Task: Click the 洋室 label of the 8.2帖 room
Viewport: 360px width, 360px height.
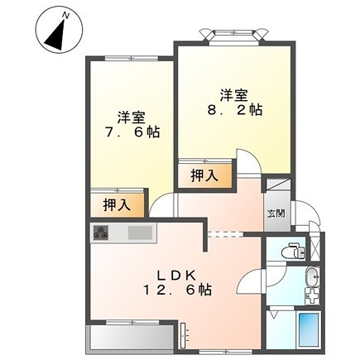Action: pos(234,94)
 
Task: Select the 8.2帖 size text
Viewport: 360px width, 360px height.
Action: pos(234,109)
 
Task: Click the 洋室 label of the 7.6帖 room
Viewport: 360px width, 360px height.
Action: pos(132,117)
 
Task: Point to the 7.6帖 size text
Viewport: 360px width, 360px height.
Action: pos(132,132)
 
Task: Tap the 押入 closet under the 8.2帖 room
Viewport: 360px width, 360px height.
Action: pos(204,175)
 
